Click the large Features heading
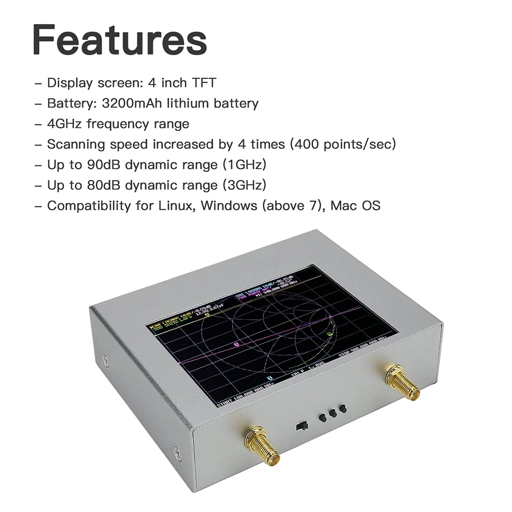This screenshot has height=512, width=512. click(x=120, y=40)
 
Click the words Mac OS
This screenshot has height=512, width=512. click(x=355, y=206)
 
